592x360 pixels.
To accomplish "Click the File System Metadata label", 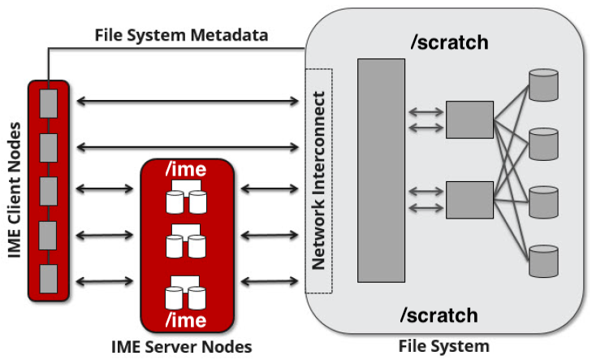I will click(182, 35).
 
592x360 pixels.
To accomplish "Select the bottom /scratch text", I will click(445, 313).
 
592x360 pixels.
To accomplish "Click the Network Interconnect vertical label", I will click(318, 181).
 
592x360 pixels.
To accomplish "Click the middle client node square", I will click(50, 189).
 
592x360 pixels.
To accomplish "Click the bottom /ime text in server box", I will click(187, 319).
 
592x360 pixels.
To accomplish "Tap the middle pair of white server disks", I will click(187, 241).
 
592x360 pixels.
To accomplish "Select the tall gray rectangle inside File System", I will click(380, 171).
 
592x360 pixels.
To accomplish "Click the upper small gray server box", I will click(469, 119).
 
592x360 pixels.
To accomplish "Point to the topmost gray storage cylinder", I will click(543, 84).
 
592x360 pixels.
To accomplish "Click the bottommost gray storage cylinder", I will click(543, 260).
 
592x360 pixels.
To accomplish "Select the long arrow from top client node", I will click(186, 102).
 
